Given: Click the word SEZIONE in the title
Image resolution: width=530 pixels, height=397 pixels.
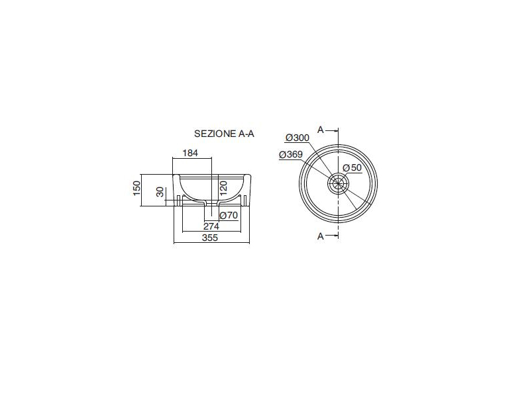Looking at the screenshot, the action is [215, 134].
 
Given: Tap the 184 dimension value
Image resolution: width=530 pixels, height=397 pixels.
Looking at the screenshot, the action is [190, 153].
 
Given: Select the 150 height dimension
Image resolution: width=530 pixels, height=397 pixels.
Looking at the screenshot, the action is [136, 189].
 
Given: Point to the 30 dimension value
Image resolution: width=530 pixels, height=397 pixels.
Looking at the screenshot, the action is [160, 192].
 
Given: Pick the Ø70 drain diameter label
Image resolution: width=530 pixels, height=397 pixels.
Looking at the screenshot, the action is [229, 215].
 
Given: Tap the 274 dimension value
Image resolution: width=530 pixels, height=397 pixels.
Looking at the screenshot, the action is [211, 226].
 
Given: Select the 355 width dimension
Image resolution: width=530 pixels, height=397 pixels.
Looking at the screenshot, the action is [210, 238].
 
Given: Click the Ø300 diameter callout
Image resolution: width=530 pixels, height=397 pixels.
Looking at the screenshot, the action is [297, 138].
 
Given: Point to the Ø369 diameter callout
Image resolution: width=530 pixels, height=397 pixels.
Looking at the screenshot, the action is [291, 155].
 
